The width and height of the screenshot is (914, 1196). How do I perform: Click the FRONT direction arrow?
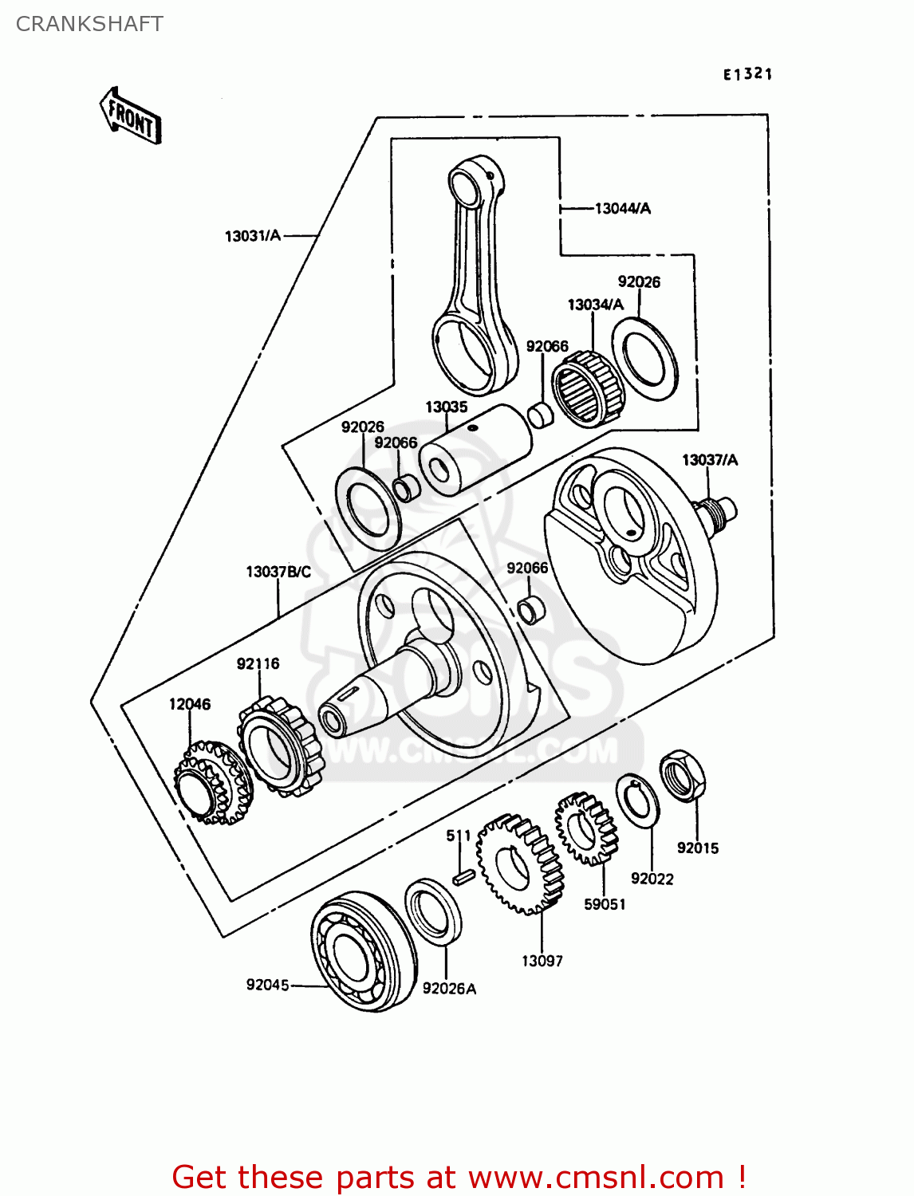click(x=131, y=116)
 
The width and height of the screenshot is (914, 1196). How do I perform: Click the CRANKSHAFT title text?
click(x=89, y=24)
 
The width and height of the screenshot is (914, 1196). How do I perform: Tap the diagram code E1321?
click(x=747, y=74)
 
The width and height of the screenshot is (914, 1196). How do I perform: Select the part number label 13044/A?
click(x=622, y=208)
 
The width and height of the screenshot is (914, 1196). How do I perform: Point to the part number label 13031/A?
click(x=253, y=235)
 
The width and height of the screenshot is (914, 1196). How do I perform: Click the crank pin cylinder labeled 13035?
click(x=475, y=449)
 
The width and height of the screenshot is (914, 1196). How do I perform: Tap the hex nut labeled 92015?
click(x=683, y=775)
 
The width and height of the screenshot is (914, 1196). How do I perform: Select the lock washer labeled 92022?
click(x=637, y=800)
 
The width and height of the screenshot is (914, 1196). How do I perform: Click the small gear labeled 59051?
click(x=587, y=828)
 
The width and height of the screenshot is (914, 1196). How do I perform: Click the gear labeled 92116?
click(x=281, y=746)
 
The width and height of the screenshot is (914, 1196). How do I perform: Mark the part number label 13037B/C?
click(x=278, y=572)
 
